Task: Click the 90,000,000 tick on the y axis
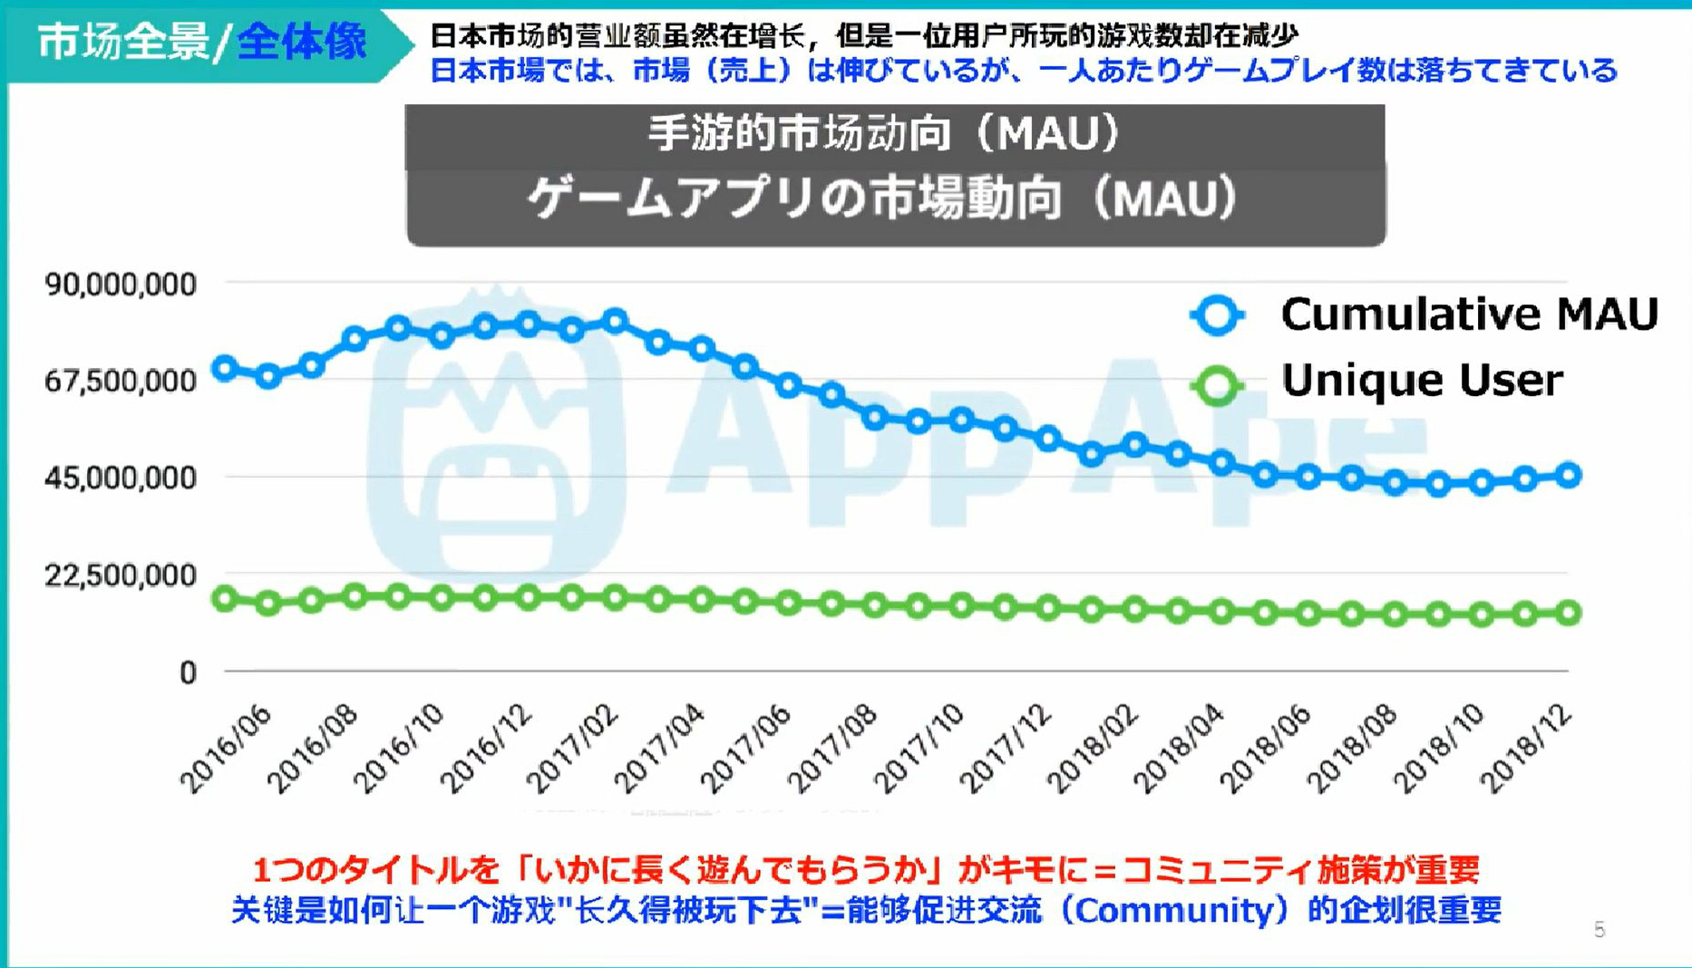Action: (x=121, y=285)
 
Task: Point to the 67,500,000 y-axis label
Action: (x=121, y=382)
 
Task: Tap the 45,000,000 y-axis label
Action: (x=121, y=478)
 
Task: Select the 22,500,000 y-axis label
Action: (x=121, y=576)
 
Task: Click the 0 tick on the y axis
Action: (x=188, y=673)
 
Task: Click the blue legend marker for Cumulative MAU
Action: (x=1217, y=315)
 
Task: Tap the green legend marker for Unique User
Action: (x=1217, y=385)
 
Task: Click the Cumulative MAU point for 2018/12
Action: (x=1569, y=475)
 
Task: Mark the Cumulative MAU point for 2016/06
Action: (x=225, y=369)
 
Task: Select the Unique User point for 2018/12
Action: (x=1569, y=614)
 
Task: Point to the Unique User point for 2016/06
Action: (x=225, y=599)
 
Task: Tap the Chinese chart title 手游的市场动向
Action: (x=884, y=134)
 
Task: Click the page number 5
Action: (x=1600, y=930)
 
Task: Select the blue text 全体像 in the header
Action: (x=302, y=42)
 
